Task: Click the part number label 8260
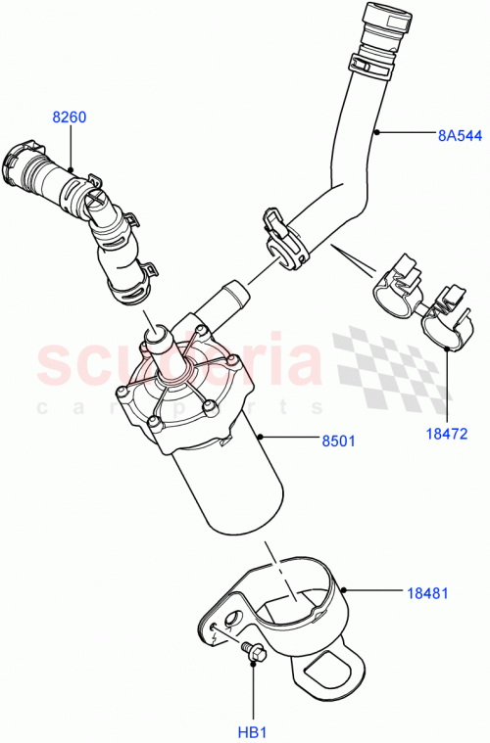[70, 117]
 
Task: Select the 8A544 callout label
[459, 136]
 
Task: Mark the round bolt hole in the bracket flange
[234, 619]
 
